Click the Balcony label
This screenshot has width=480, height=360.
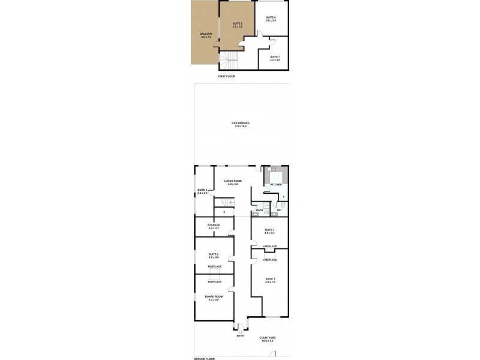206,35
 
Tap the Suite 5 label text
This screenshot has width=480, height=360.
238,25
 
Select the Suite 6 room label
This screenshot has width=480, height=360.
271,19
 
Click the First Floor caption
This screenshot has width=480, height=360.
226,77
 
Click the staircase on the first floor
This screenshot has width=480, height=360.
230,61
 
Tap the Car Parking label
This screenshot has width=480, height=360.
241,124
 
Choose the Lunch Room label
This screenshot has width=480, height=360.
232,182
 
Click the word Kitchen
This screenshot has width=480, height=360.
276,185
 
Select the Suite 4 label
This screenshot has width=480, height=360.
202,191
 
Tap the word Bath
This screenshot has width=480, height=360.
259,210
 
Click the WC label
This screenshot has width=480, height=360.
279,210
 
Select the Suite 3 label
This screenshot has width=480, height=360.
269,232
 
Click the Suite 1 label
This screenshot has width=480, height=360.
270,280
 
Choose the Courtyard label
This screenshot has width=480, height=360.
268,340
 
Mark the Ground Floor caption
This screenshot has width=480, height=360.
204,358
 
